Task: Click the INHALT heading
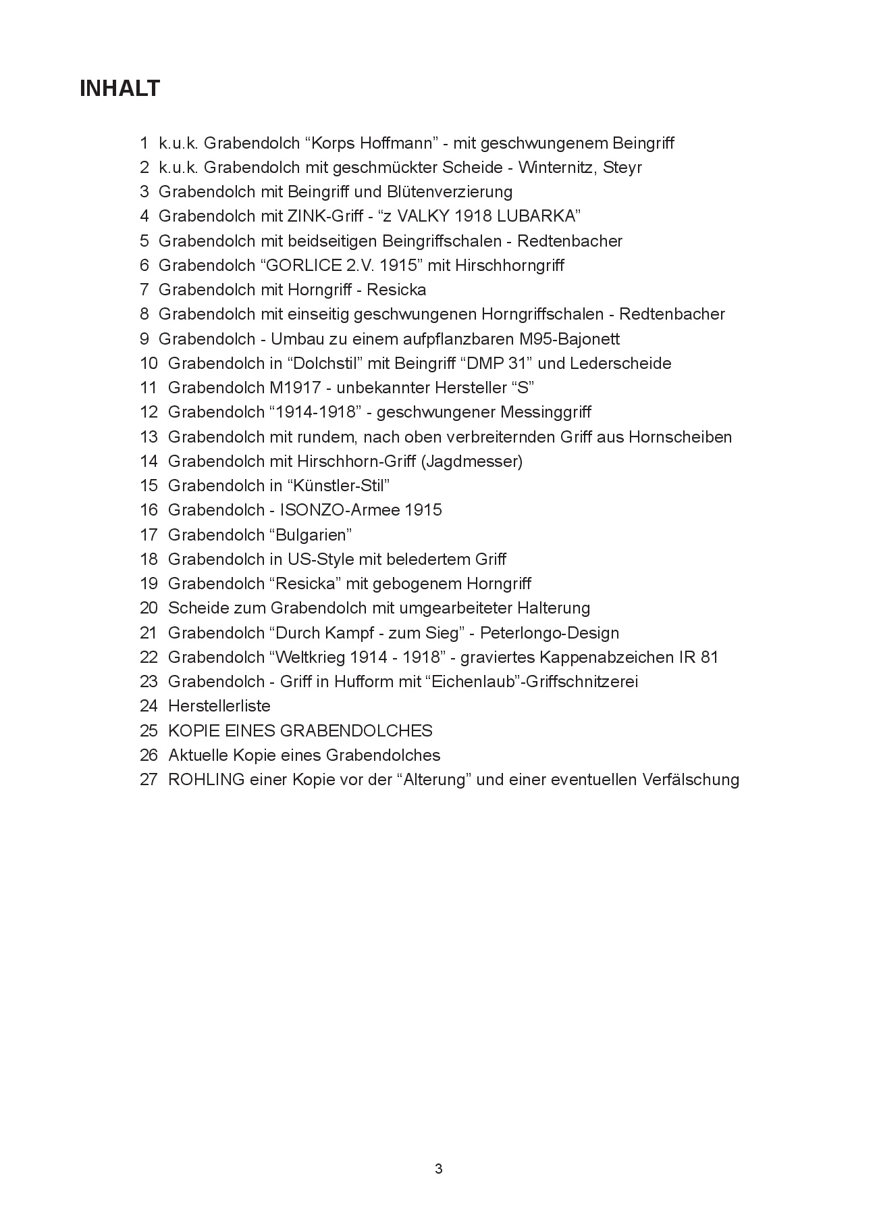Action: (119, 89)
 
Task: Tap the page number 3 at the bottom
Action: (439, 1169)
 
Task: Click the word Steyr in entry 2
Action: (622, 168)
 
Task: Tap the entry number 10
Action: (149, 364)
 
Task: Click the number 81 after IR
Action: (709, 657)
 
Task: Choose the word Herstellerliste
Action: (219, 706)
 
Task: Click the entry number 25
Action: (149, 731)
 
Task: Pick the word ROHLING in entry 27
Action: (206, 780)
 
